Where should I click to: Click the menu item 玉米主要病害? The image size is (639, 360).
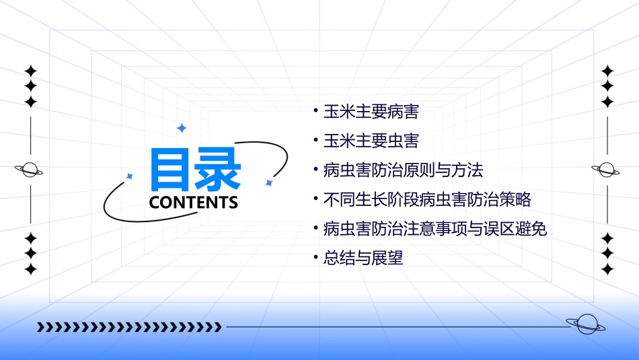pos(371,112)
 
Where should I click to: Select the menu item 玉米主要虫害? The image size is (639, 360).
pos(371,141)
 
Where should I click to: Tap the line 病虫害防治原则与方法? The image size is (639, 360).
pos(403,170)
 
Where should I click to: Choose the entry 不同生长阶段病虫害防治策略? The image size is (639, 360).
pos(427,200)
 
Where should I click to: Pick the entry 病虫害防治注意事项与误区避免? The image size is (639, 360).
pos(435,229)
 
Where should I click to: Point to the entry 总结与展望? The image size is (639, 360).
pos(363,258)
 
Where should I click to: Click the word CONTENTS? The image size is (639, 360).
pos(193,203)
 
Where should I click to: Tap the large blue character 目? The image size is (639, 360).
pos(171,170)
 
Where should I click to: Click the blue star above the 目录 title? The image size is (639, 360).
pos(181,128)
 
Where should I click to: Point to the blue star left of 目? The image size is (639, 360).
pos(130,176)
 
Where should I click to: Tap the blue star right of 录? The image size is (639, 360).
pos(268,182)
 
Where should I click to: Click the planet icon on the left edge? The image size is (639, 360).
pos(30,170)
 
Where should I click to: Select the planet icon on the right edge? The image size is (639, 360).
pos(607,170)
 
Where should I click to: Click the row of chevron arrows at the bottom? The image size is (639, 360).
pos(129,327)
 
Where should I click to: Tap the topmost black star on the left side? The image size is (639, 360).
pos(30,71)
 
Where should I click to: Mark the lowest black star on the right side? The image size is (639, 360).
pos(607,269)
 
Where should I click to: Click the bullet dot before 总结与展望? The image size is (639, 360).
pos(315,256)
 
